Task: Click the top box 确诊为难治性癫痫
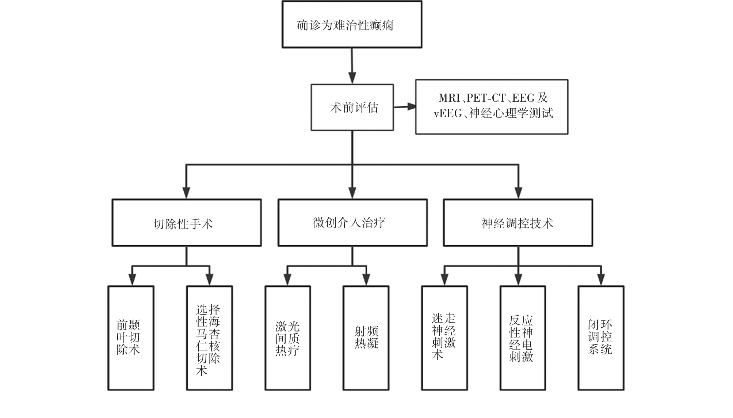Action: (x=352, y=25)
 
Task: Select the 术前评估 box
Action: (x=352, y=107)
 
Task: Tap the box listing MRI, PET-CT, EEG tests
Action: (x=492, y=107)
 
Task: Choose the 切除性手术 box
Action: (x=186, y=223)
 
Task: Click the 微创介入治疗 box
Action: (x=352, y=223)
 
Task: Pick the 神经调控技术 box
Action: (x=518, y=223)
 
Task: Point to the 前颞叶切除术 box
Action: (x=131, y=338)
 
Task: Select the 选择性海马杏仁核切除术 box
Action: (x=209, y=338)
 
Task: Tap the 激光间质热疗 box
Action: (x=287, y=338)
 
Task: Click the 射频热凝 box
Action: (x=366, y=338)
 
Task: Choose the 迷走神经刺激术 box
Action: (x=444, y=338)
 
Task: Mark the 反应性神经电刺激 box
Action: (x=522, y=338)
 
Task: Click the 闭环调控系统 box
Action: (x=601, y=338)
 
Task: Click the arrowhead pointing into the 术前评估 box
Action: (x=352, y=78)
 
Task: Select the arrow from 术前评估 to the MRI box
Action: (x=405, y=107)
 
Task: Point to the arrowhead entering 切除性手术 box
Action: (x=186, y=193)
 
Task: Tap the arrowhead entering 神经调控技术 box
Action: (x=518, y=193)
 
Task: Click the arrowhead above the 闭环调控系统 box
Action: (x=601, y=280)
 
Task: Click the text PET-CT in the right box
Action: (x=486, y=98)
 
